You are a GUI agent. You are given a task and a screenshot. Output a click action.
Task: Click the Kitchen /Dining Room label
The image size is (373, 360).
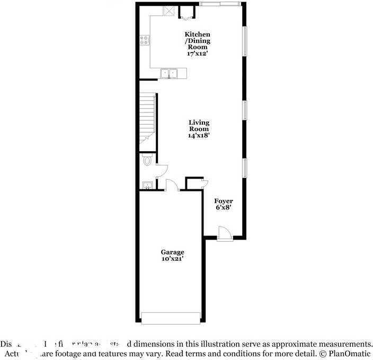tap(193, 43)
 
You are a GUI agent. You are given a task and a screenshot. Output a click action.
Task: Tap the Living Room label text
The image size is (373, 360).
tap(199, 129)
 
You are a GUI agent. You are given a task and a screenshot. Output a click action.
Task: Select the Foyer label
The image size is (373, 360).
tap(223, 201)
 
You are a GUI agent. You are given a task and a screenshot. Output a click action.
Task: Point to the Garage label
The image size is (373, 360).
tap(173, 252)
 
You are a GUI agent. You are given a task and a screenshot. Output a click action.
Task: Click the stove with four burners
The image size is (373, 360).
tap(144, 39)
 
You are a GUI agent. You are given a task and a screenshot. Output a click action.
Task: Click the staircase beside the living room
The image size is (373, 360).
tap(148, 118)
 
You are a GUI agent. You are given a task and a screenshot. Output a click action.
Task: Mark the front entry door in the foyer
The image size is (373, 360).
tap(224, 233)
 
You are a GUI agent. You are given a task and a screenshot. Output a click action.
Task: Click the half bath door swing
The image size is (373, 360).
tap(162, 170)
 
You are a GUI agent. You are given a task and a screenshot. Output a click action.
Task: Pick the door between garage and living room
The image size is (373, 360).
tap(172, 186)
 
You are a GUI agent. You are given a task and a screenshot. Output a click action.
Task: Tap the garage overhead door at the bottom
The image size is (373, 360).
tap(171, 318)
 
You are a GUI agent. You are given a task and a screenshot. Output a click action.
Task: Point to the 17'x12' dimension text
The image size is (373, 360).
tap(193, 53)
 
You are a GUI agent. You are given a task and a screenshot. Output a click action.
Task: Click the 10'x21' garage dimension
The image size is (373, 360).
tap(173, 259)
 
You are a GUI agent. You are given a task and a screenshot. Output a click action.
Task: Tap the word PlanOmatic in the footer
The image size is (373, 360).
tap(348, 353)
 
